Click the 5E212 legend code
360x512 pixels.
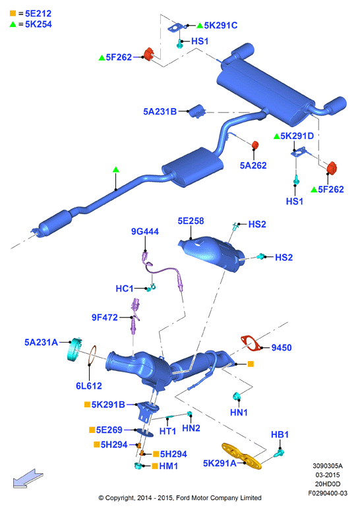[x=38, y=13]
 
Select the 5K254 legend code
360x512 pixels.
[x=38, y=24]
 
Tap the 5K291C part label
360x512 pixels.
[x=221, y=26]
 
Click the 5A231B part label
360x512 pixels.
[x=160, y=111]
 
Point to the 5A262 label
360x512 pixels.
[x=253, y=165]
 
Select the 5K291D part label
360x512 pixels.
[x=297, y=136]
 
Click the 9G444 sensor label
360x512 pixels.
[x=144, y=231]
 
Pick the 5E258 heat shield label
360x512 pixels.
[x=191, y=221]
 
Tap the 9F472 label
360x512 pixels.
[x=105, y=318]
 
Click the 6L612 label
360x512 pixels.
[x=89, y=386]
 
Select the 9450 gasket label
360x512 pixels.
[x=282, y=348]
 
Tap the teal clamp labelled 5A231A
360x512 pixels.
[x=75, y=349]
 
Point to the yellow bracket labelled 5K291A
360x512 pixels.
[x=241, y=456]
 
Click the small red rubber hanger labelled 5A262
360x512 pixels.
[x=255, y=145]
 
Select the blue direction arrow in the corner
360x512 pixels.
[x=28, y=478]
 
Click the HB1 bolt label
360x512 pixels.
[x=280, y=435]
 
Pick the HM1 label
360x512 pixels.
[x=169, y=467]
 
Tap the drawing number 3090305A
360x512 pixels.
[x=328, y=466]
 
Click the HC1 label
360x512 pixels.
[x=125, y=289]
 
